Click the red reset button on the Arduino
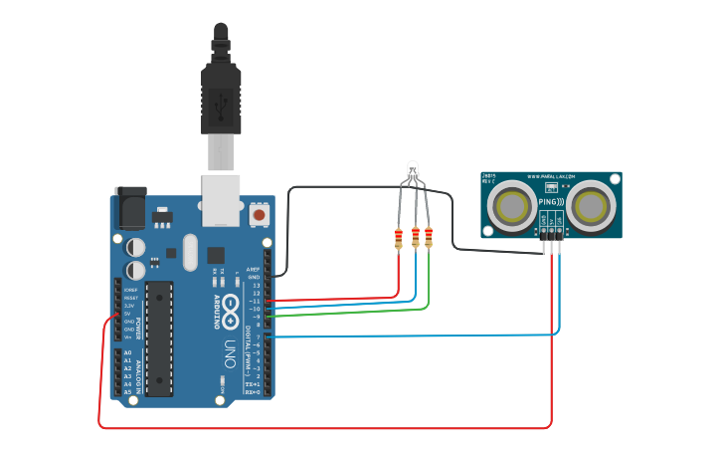coord(260,213)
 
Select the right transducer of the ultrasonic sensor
coord(591,206)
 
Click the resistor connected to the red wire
coord(399,238)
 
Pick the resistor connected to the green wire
coord(429,237)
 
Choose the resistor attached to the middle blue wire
coord(415,236)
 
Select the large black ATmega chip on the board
coord(159,338)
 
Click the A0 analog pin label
coord(127,351)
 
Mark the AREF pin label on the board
coord(254,269)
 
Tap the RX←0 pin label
coord(253,393)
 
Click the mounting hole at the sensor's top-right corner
coord(616,178)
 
